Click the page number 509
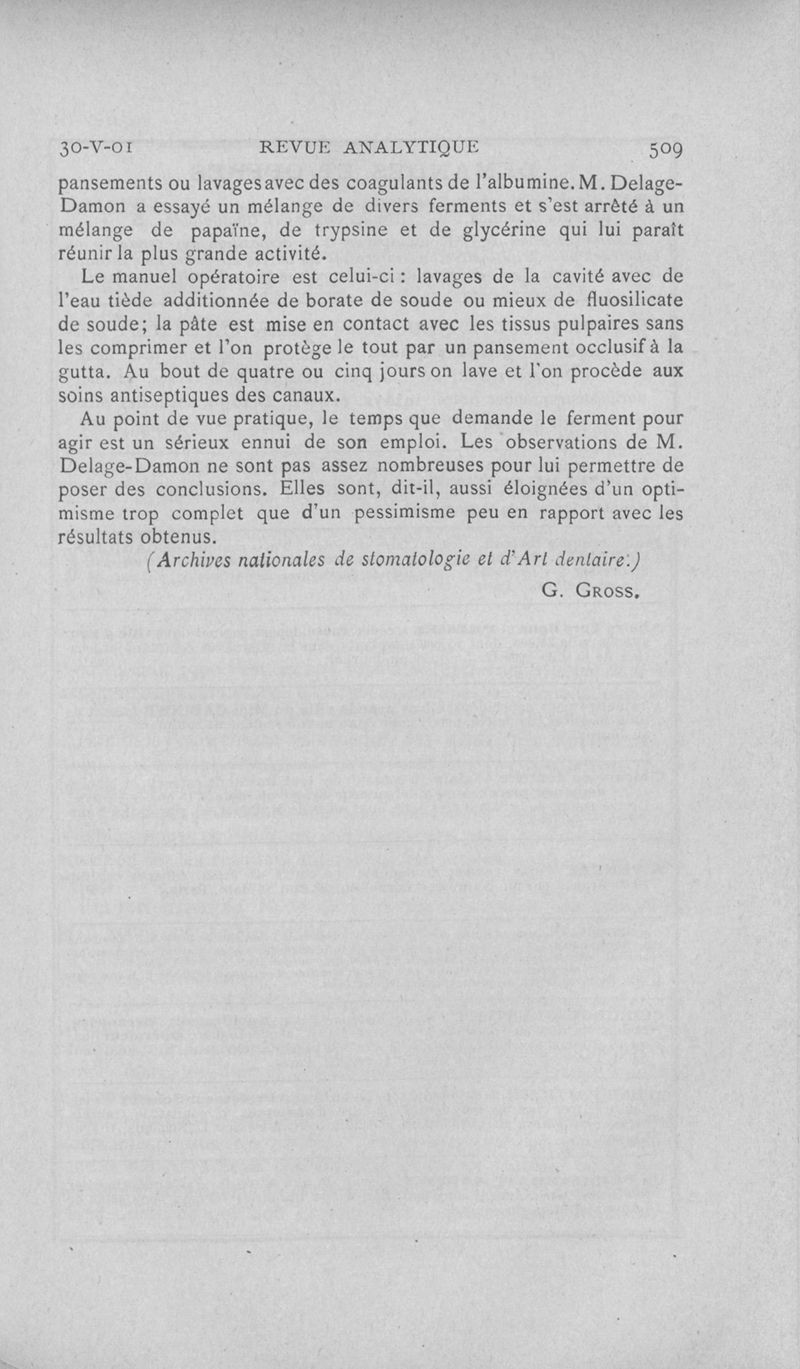pyautogui.click(x=665, y=149)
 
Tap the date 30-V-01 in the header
pyautogui.click(x=96, y=148)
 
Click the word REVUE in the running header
pyautogui.click(x=294, y=147)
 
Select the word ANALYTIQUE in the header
pyautogui.click(x=410, y=147)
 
